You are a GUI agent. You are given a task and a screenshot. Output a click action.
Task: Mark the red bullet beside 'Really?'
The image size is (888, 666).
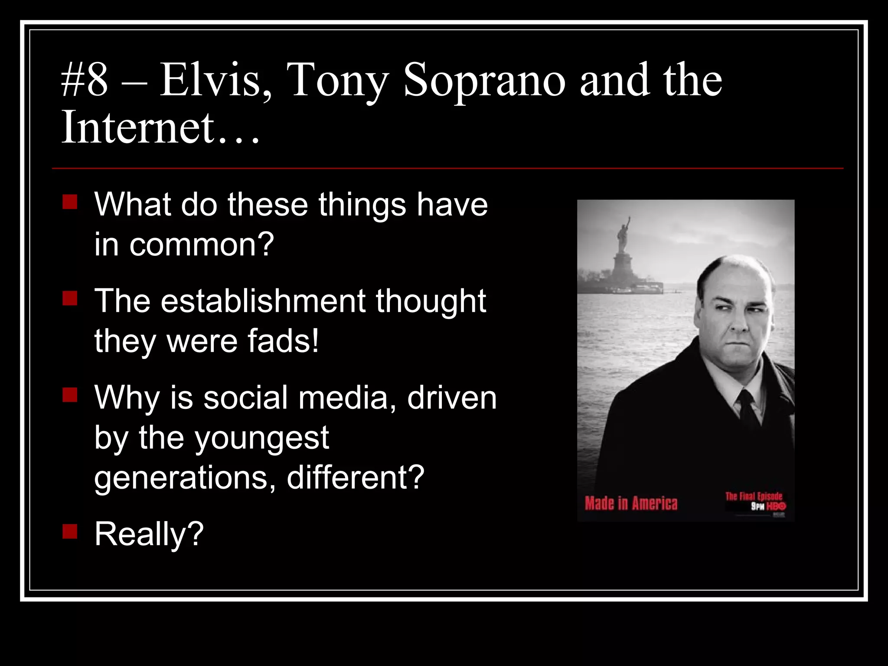tap(70, 532)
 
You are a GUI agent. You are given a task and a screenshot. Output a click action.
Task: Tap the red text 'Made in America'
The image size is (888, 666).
tap(631, 503)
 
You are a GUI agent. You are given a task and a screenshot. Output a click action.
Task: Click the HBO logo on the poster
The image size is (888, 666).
tap(777, 506)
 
